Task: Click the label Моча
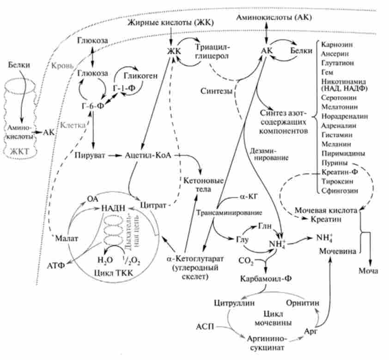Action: click(x=368, y=270)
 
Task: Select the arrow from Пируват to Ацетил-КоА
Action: click(x=113, y=156)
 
